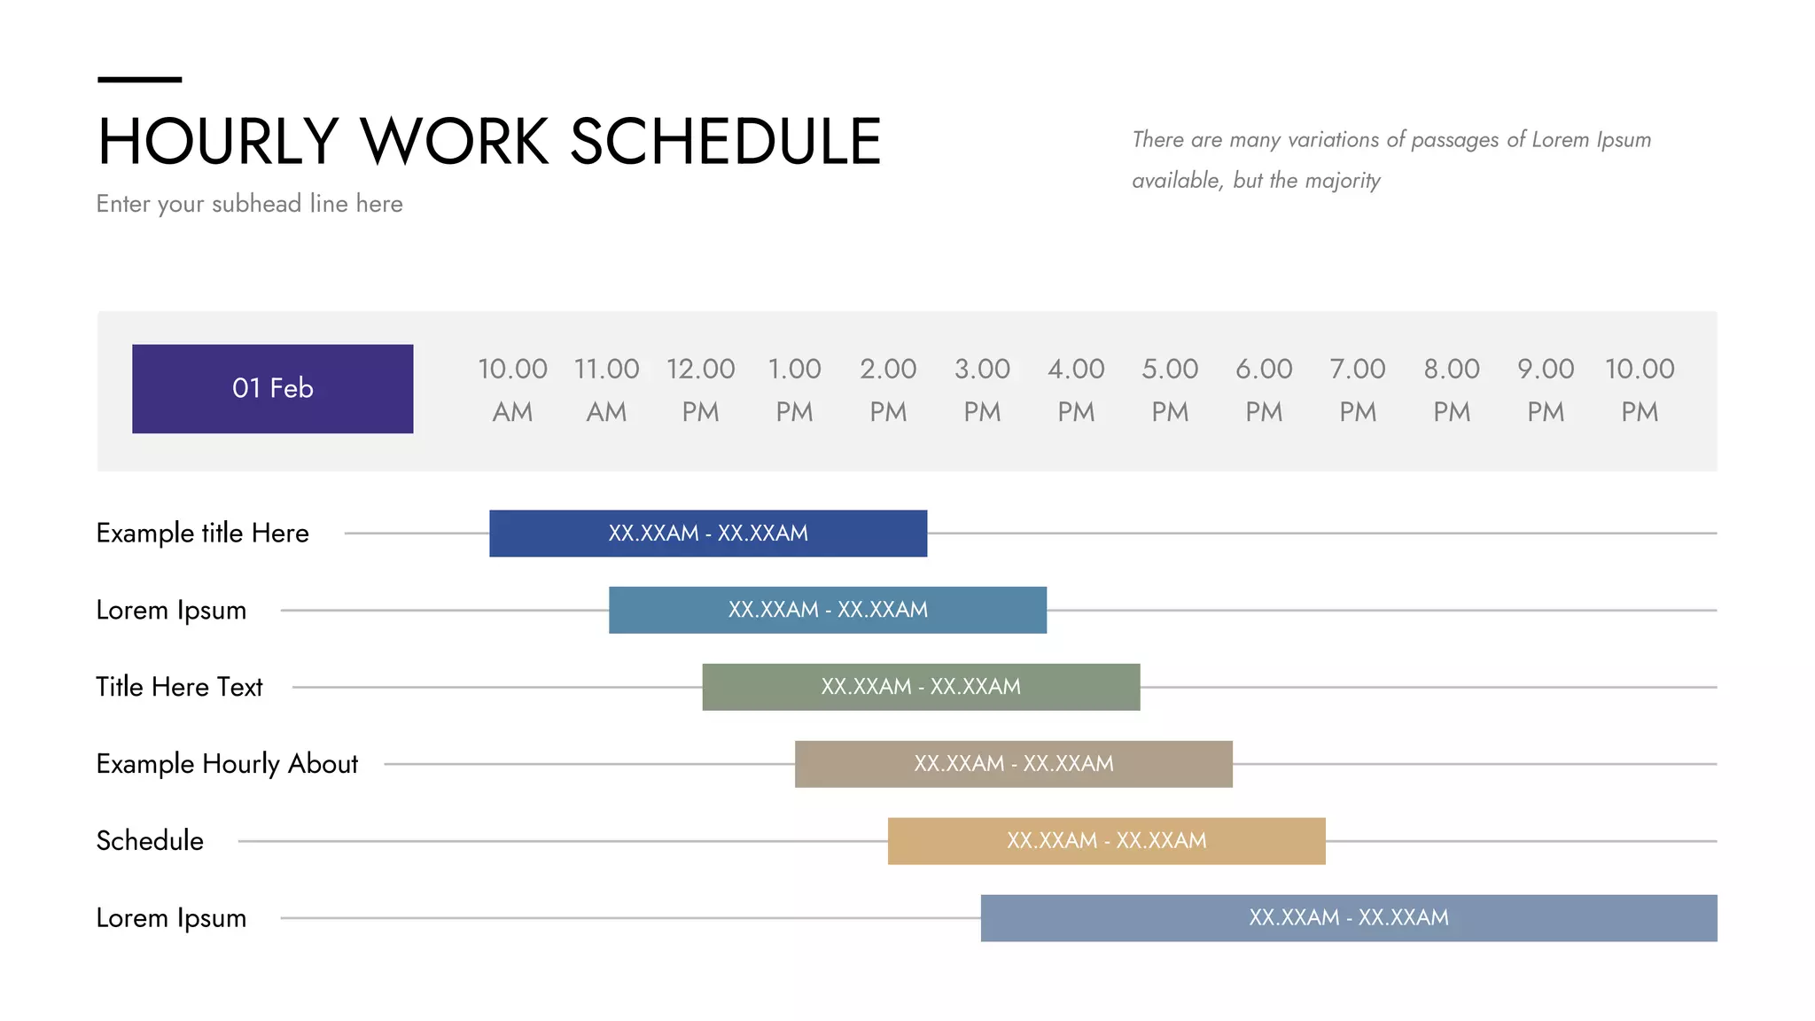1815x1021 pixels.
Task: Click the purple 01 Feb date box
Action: (x=272, y=388)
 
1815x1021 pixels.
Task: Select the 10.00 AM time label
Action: (x=512, y=389)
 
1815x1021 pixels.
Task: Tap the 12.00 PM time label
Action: (x=700, y=389)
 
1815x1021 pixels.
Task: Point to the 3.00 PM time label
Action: (x=982, y=389)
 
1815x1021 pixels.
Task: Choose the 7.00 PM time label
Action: (x=1358, y=389)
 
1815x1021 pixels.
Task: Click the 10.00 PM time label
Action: (x=1640, y=389)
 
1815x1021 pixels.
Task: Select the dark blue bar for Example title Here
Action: (x=708, y=533)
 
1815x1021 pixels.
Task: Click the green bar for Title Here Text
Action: (x=921, y=687)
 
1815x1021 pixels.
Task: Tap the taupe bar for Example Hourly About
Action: (x=1013, y=764)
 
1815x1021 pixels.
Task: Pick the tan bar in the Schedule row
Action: (x=1106, y=840)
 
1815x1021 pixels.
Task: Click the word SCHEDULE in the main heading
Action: (x=725, y=142)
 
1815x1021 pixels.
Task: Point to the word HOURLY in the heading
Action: (x=218, y=142)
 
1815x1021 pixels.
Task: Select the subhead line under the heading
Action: (x=249, y=204)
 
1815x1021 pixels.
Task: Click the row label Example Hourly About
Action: (x=227, y=764)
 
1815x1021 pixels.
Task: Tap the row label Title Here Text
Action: (x=179, y=687)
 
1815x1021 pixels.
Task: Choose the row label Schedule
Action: (x=150, y=840)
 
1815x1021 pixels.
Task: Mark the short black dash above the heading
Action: (x=139, y=80)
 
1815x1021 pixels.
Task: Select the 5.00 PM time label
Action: (x=1170, y=389)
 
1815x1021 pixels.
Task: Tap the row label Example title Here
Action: (x=202, y=533)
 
